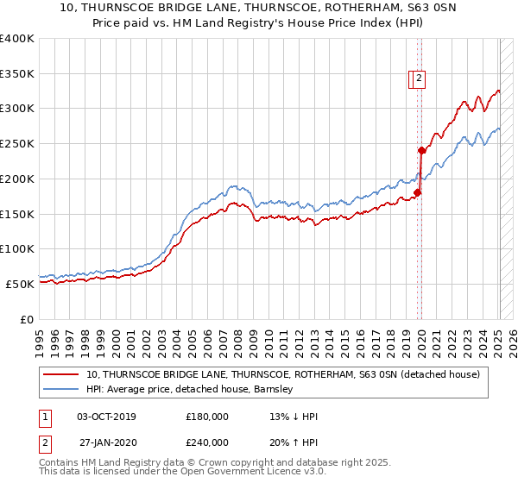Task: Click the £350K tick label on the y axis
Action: coord(17,74)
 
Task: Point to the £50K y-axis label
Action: coord(20,284)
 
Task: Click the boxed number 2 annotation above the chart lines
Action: coord(419,78)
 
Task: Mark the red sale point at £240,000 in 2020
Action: coord(421,150)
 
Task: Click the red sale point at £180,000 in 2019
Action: coord(416,192)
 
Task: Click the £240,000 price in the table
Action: coord(207,442)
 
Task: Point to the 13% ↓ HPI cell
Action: coord(294,417)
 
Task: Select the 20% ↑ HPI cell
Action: coord(294,442)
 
